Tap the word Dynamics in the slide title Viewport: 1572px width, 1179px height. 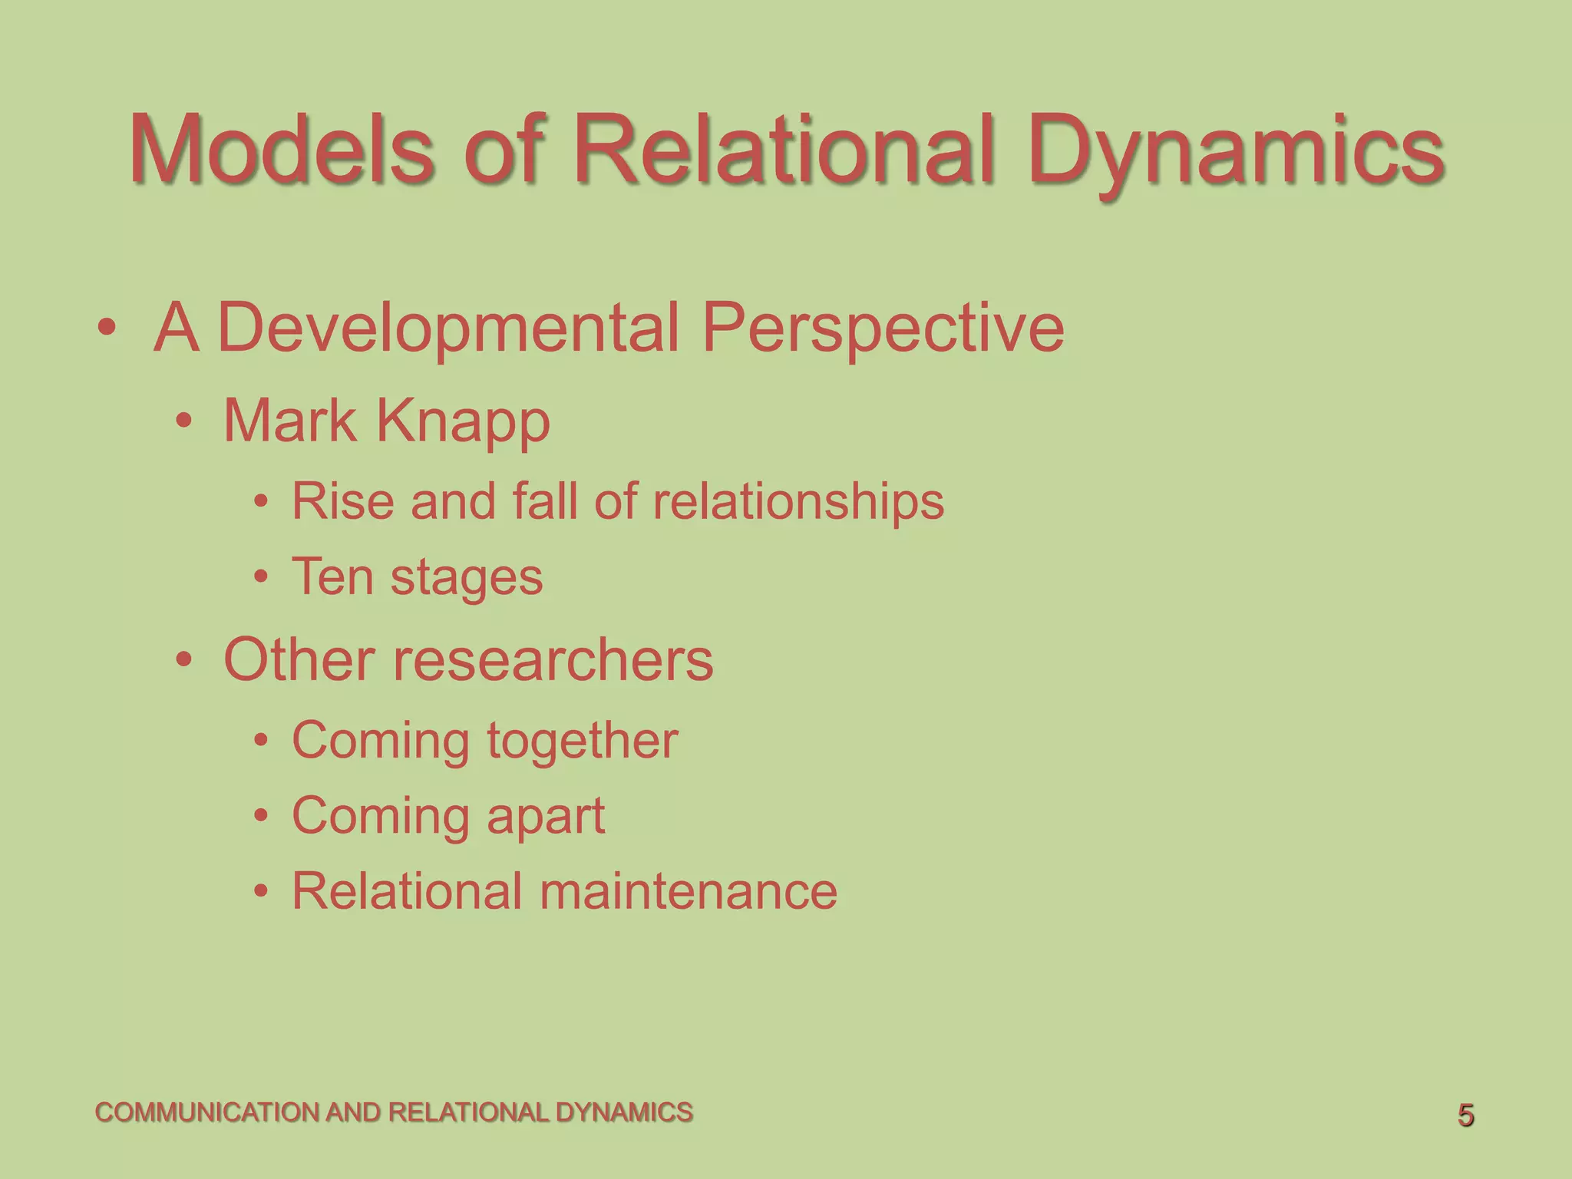(x=1237, y=150)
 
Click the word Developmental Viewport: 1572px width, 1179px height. (x=448, y=329)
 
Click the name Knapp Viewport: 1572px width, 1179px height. (x=463, y=423)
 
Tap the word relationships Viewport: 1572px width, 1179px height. (x=798, y=503)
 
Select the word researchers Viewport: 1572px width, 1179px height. (x=553, y=659)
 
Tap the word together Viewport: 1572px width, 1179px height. (x=583, y=741)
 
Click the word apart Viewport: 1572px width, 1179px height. (x=546, y=817)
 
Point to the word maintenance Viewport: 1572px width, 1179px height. (x=688, y=891)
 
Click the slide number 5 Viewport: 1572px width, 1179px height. (x=1465, y=1115)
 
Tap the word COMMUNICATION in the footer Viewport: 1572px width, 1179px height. (x=207, y=1112)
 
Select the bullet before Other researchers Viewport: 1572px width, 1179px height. (x=183, y=659)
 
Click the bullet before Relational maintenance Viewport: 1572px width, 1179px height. (x=261, y=891)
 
